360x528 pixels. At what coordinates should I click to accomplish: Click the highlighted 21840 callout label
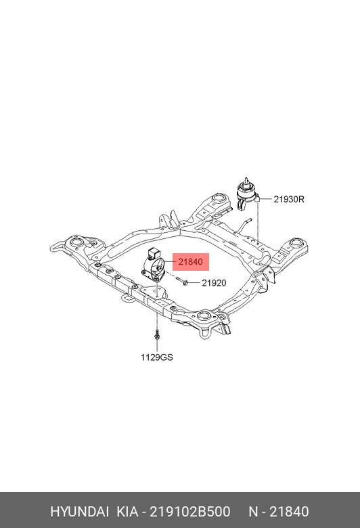tap(191, 262)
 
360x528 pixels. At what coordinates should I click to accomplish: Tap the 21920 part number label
tap(214, 283)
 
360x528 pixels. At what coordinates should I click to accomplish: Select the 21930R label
tap(288, 199)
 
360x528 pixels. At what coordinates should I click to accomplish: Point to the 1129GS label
tap(157, 357)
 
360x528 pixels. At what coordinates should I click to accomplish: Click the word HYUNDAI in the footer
tap(79, 512)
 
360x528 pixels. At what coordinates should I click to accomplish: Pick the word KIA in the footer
tap(127, 512)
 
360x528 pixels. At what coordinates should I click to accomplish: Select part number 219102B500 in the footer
tap(190, 512)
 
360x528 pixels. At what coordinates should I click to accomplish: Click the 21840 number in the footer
tap(290, 512)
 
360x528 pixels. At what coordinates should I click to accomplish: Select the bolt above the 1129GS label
tap(156, 335)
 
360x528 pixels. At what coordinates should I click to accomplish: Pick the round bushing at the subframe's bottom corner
tap(203, 316)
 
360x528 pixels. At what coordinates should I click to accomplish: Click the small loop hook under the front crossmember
tap(127, 299)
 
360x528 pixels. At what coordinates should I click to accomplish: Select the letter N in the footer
tap(253, 512)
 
